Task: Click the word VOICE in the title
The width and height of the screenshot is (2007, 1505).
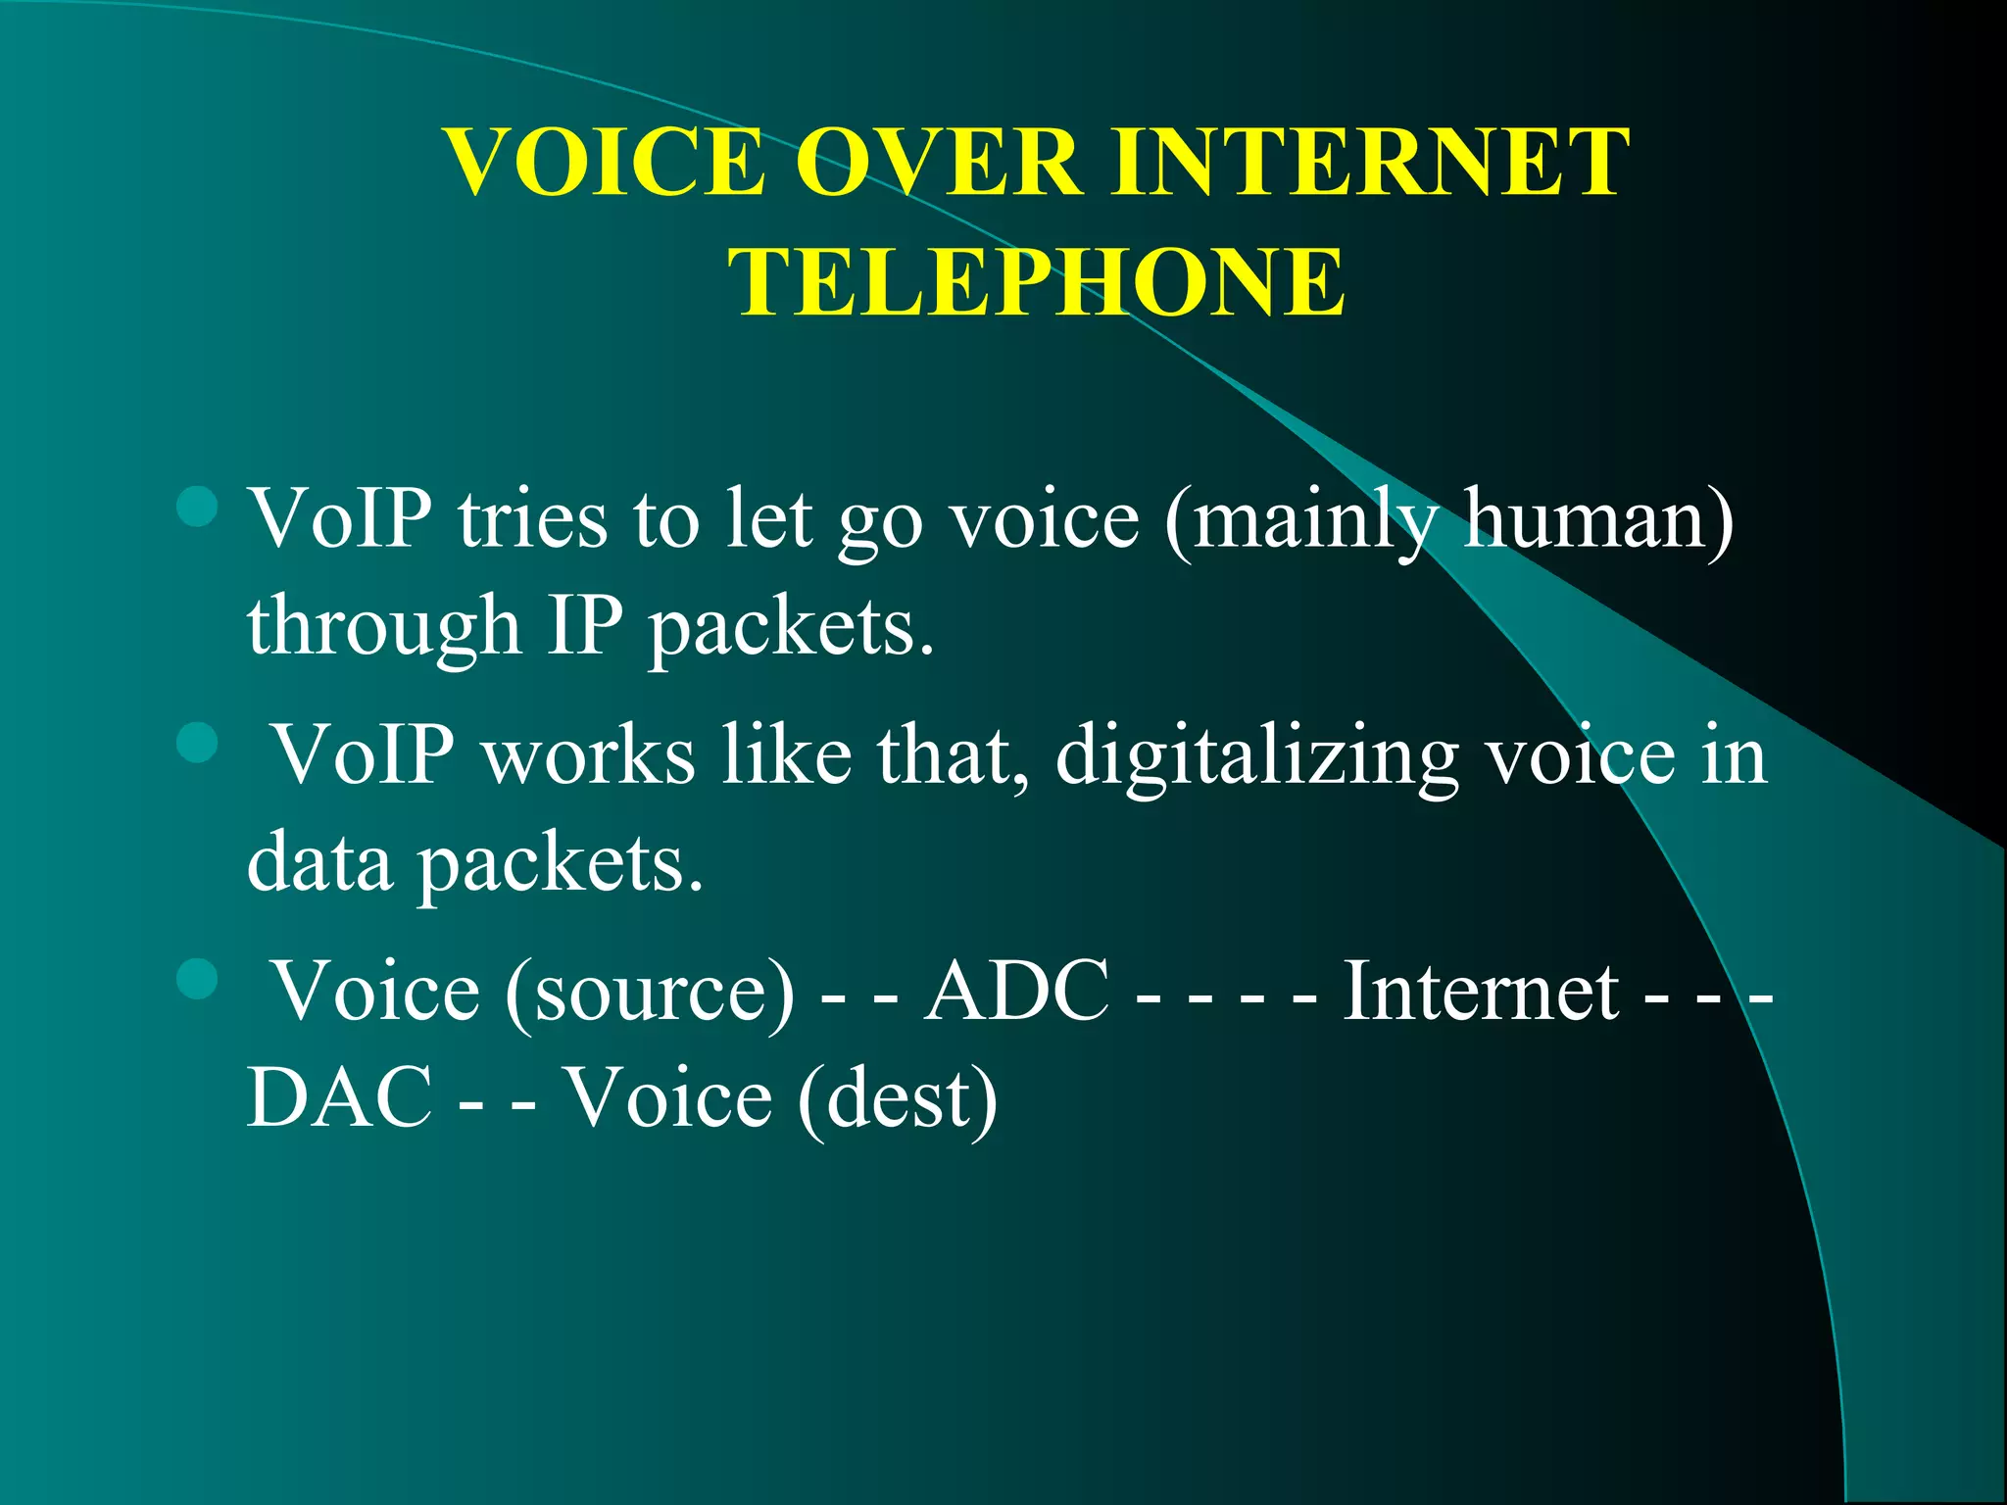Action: tap(605, 162)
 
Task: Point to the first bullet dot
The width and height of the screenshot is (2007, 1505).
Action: tap(198, 507)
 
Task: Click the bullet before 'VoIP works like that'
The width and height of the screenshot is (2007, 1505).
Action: tap(198, 743)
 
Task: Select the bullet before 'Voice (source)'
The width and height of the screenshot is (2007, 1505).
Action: tap(198, 978)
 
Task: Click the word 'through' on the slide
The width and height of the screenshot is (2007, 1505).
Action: tap(383, 627)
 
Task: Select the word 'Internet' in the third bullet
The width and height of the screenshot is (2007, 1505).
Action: tap(1480, 991)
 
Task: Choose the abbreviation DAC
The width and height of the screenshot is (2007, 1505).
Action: tap(339, 1097)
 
